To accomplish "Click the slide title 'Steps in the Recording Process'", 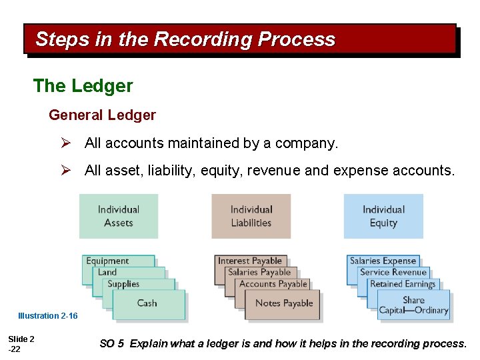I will pyautogui.click(x=185, y=39).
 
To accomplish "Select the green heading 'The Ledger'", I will pyautogui.click(x=83, y=86).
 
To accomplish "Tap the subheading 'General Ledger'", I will pyautogui.click(x=102, y=115).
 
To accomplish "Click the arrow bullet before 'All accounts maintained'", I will pyautogui.click(x=65, y=143).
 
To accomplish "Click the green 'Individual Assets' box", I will pyautogui.click(x=119, y=216).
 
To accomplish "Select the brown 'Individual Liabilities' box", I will pyautogui.click(x=251, y=216).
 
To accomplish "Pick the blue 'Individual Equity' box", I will pyautogui.click(x=383, y=216).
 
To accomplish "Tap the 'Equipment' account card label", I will pyautogui.click(x=107, y=261).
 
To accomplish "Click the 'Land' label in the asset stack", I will pyautogui.click(x=107, y=272).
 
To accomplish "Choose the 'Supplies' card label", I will pyautogui.click(x=123, y=283).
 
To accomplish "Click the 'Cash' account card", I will pyautogui.click(x=147, y=303).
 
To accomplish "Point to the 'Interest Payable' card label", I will pyautogui.click(x=250, y=261).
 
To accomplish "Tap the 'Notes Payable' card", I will pyautogui.click(x=284, y=303).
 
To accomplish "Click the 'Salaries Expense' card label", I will pyautogui.click(x=383, y=261).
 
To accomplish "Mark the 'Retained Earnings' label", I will pyautogui.click(x=402, y=283).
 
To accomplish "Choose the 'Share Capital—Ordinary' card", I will pyautogui.click(x=413, y=305).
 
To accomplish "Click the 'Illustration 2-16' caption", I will pyautogui.click(x=47, y=316).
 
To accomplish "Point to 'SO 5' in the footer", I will pyautogui.click(x=111, y=344).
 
